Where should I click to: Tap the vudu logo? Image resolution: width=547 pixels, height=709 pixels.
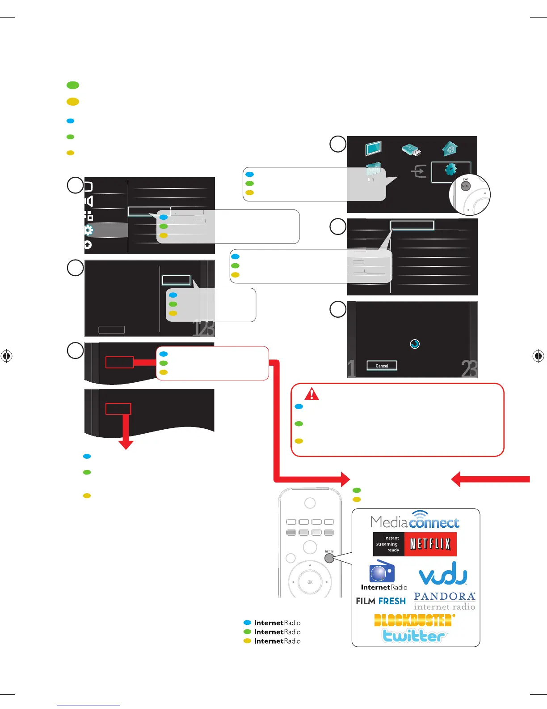443,574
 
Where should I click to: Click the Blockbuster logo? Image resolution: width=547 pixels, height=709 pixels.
414,620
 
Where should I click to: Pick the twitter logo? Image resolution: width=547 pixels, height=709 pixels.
414,636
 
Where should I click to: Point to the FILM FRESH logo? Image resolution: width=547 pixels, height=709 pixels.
381,601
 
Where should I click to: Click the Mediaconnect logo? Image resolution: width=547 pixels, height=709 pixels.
415,521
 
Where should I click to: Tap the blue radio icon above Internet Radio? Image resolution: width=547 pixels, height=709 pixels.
382,572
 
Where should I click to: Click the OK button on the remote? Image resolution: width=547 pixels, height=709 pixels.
310,582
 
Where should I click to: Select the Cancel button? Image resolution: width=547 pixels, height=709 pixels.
382,366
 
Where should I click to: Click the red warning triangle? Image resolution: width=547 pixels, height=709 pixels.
311,394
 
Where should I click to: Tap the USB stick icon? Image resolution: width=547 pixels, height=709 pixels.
411,150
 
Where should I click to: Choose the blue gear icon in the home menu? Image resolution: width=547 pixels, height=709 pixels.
450,170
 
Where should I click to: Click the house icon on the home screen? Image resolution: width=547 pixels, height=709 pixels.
450,149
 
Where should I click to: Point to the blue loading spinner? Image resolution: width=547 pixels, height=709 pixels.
415,344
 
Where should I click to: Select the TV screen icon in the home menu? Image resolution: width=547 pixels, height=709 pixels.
373,149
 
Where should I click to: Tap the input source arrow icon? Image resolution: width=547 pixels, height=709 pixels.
419,171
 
